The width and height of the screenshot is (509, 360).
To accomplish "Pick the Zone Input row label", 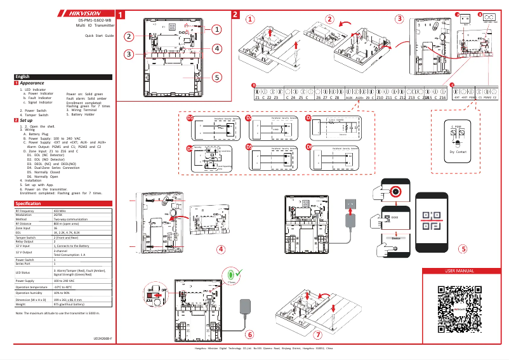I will coord(25,227).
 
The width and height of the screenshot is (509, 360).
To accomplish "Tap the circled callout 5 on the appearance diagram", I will coord(216,77).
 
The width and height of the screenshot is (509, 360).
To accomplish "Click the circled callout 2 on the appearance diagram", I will coord(129,36).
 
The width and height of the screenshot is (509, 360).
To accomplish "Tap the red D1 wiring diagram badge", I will coord(189,117).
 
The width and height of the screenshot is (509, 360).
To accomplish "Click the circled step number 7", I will coord(317,334).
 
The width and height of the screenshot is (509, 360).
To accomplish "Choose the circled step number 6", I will coord(249,334).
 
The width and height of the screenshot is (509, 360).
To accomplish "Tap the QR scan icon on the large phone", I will coord(431,219).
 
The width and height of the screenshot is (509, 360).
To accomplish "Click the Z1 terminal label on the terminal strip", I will coord(257,98).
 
